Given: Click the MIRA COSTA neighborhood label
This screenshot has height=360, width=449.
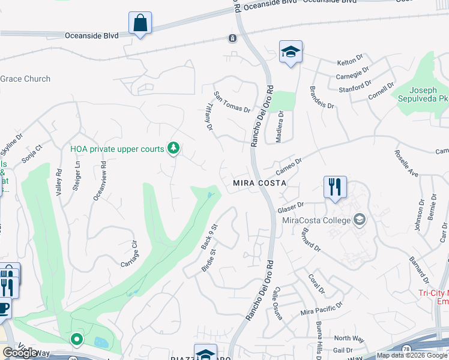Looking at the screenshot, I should [x=258, y=182].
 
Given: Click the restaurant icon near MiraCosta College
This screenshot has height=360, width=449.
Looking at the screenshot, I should [x=335, y=187].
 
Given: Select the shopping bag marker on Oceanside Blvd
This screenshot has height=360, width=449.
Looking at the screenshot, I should [x=140, y=23].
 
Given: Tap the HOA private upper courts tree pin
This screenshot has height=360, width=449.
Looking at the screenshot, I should [x=173, y=148].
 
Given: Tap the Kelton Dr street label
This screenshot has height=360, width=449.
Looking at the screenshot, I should [x=351, y=61].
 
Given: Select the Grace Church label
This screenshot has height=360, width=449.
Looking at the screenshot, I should [x=25, y=79].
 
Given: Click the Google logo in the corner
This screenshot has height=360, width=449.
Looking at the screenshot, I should [x=20, y=352].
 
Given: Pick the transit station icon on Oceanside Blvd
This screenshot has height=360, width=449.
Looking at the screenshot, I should [x=232, y=38].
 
